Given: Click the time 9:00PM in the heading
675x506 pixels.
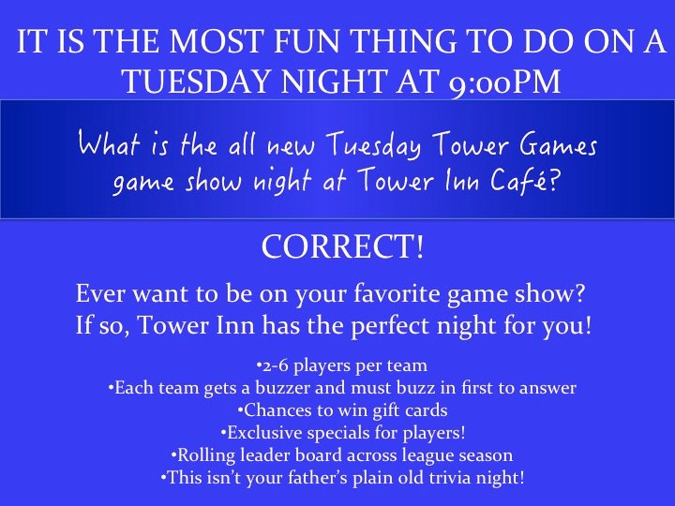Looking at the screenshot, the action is point(504,82).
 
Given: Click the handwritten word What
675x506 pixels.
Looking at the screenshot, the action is point(111,143).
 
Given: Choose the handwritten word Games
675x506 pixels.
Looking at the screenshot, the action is point(559,144).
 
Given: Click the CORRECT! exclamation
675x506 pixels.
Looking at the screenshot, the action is point(343,247).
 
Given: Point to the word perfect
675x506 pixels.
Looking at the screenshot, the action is point(391,326).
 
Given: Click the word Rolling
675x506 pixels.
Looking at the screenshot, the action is point(206,455).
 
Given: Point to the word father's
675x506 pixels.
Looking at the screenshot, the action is point(318,478).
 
